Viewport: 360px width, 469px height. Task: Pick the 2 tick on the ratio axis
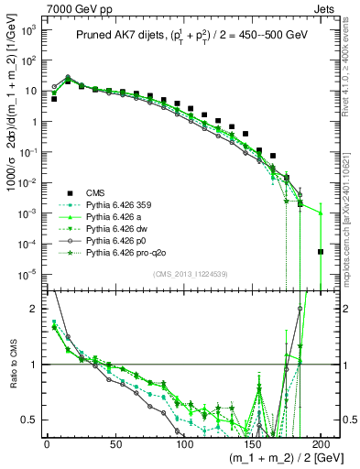click(35, 309)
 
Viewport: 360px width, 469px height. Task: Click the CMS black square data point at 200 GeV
click(321, 252)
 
